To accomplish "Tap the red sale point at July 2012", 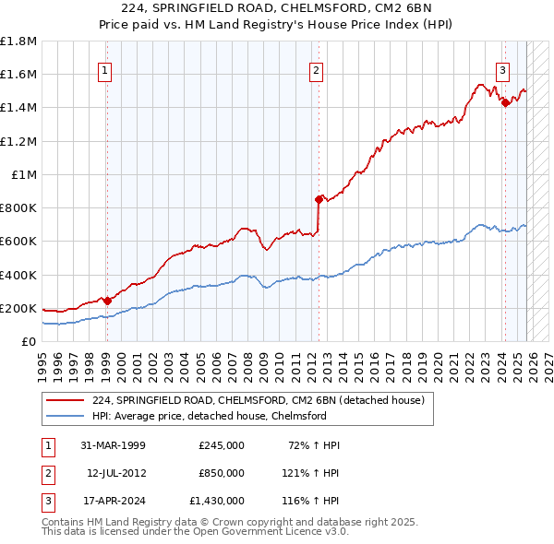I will point(319,199).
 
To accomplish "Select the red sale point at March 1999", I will point(107,300).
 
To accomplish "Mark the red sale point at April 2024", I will point(504,103).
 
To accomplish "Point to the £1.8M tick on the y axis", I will point(18,41).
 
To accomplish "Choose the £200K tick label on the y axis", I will point(18,308).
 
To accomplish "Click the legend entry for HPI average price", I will point(210,416).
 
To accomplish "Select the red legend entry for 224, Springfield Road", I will point(258,400).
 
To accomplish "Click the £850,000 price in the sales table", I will point(221,473).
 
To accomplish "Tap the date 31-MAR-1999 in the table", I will point(114,445).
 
